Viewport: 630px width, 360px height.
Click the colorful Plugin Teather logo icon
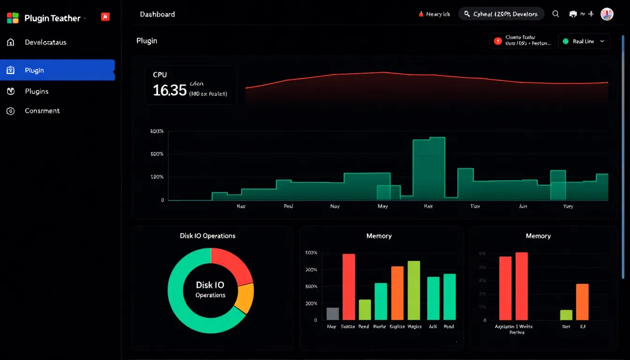[x=13, y=18]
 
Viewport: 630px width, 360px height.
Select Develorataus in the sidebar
[x=45, y=42]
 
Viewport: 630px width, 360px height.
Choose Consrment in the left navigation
[x=42, y=111]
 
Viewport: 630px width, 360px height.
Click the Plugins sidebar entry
[x=37, y=91]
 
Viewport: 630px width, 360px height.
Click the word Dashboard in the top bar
[x=157, y=14]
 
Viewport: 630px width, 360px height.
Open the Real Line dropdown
[x=584, y=41]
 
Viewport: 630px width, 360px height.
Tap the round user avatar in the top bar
[x=607, y=14]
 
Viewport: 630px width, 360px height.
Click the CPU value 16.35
[x=170, y=90]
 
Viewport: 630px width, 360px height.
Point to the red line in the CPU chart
[x=383, y=73]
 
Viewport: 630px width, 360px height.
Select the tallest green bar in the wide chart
[x=429, y=169]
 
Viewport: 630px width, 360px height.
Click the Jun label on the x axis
[x=523, y=206]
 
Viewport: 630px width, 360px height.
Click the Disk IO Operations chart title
[x=208, y=236]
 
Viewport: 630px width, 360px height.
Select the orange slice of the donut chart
[x=245, y=298]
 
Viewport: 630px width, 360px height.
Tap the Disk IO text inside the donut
[x=210, y=285]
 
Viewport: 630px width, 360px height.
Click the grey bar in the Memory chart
[x=332, y=314]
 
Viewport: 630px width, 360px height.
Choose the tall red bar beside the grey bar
[x=349, y=286]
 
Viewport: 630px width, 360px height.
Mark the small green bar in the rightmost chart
[x=566, y=315]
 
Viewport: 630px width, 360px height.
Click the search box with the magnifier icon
[x=501, y=14]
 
